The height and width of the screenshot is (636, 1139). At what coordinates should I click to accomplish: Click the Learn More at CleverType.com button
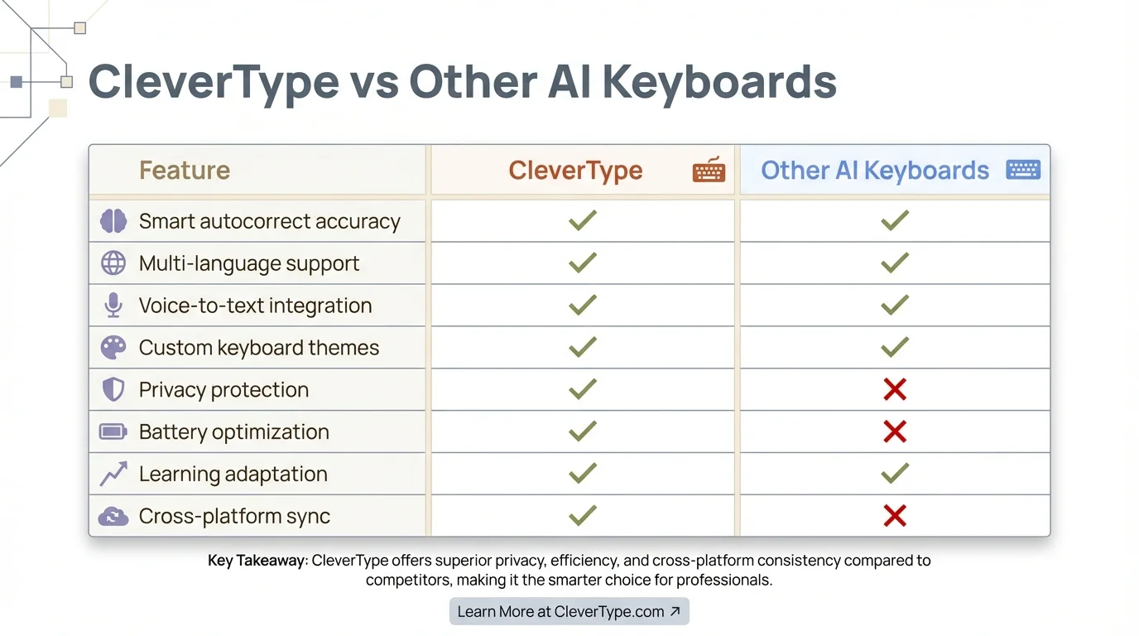coord(569,612)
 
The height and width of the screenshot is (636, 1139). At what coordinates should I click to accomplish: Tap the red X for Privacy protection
coord(894,389)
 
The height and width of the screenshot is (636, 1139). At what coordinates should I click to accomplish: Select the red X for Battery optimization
coord(894,431)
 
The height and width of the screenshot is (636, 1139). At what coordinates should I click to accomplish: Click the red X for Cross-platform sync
coord(894,516)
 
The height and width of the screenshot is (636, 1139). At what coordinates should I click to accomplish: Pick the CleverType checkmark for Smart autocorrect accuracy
coord(583,220)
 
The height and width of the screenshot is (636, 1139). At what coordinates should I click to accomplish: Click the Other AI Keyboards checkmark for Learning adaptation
coord(894,474)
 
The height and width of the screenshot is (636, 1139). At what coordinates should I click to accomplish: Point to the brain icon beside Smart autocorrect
coord(113,221)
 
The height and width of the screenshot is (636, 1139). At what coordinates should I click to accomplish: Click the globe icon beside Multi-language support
coord(113,263)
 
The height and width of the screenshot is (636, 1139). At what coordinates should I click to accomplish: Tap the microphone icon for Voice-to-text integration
coord(113,306)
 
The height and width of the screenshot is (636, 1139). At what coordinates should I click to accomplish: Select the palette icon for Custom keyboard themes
coord(113,348)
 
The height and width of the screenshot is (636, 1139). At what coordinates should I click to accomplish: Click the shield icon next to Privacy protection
coord(113,390)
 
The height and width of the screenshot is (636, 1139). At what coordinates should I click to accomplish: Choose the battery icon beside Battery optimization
coord(113,431)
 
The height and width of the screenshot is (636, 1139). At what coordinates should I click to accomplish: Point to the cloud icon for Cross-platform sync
coord(113,517)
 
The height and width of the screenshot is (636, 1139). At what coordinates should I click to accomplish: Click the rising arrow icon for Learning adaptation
coord(113,474)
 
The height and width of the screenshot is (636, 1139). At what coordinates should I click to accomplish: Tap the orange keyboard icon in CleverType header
coord(709,170)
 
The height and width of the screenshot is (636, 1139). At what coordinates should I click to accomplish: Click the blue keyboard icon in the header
coord(1023,170)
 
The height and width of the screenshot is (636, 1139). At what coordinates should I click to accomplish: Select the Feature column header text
coord(184,171)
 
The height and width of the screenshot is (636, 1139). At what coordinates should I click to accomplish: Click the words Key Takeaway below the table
coord(256,561)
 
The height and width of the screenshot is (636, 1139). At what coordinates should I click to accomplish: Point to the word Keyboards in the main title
coord(718,82)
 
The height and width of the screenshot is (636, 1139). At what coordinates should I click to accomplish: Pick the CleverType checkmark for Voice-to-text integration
coord(583,305)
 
